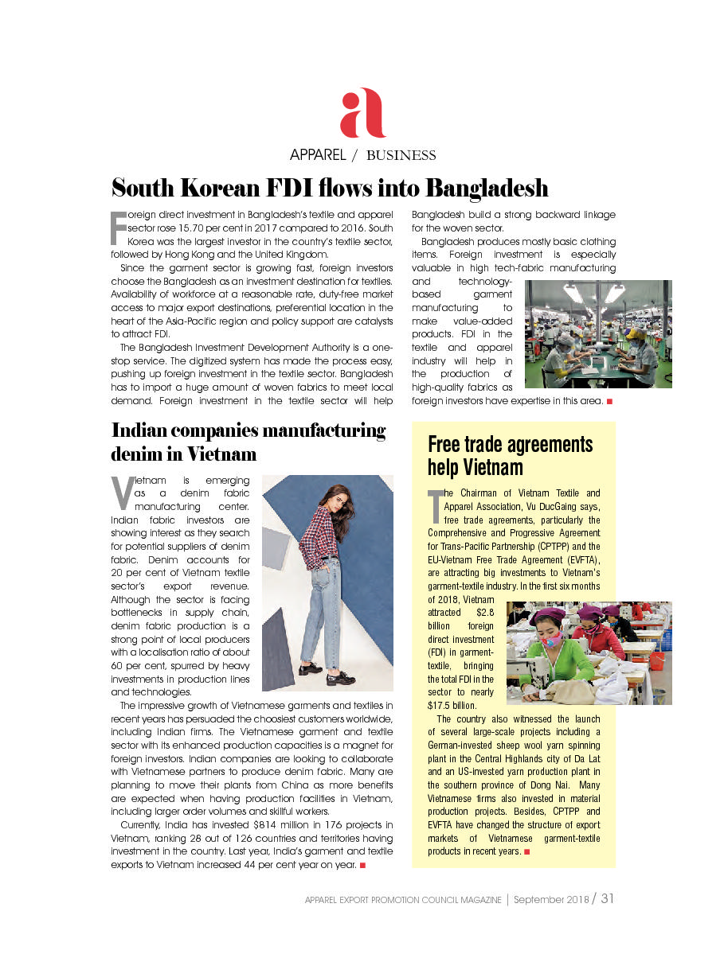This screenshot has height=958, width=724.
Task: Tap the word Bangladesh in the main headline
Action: point(486,189)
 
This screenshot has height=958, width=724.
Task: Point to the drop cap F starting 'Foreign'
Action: point(117,227)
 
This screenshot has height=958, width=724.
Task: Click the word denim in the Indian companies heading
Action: point(135,454)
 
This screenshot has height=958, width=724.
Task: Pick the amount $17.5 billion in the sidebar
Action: point(452,705)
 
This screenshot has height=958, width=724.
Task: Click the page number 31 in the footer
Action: point(608,899)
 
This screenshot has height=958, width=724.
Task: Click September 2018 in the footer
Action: point(550,900)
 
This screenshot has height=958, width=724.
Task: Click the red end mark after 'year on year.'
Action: point(362,864)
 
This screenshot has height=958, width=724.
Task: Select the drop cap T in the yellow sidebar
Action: point(435,504)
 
